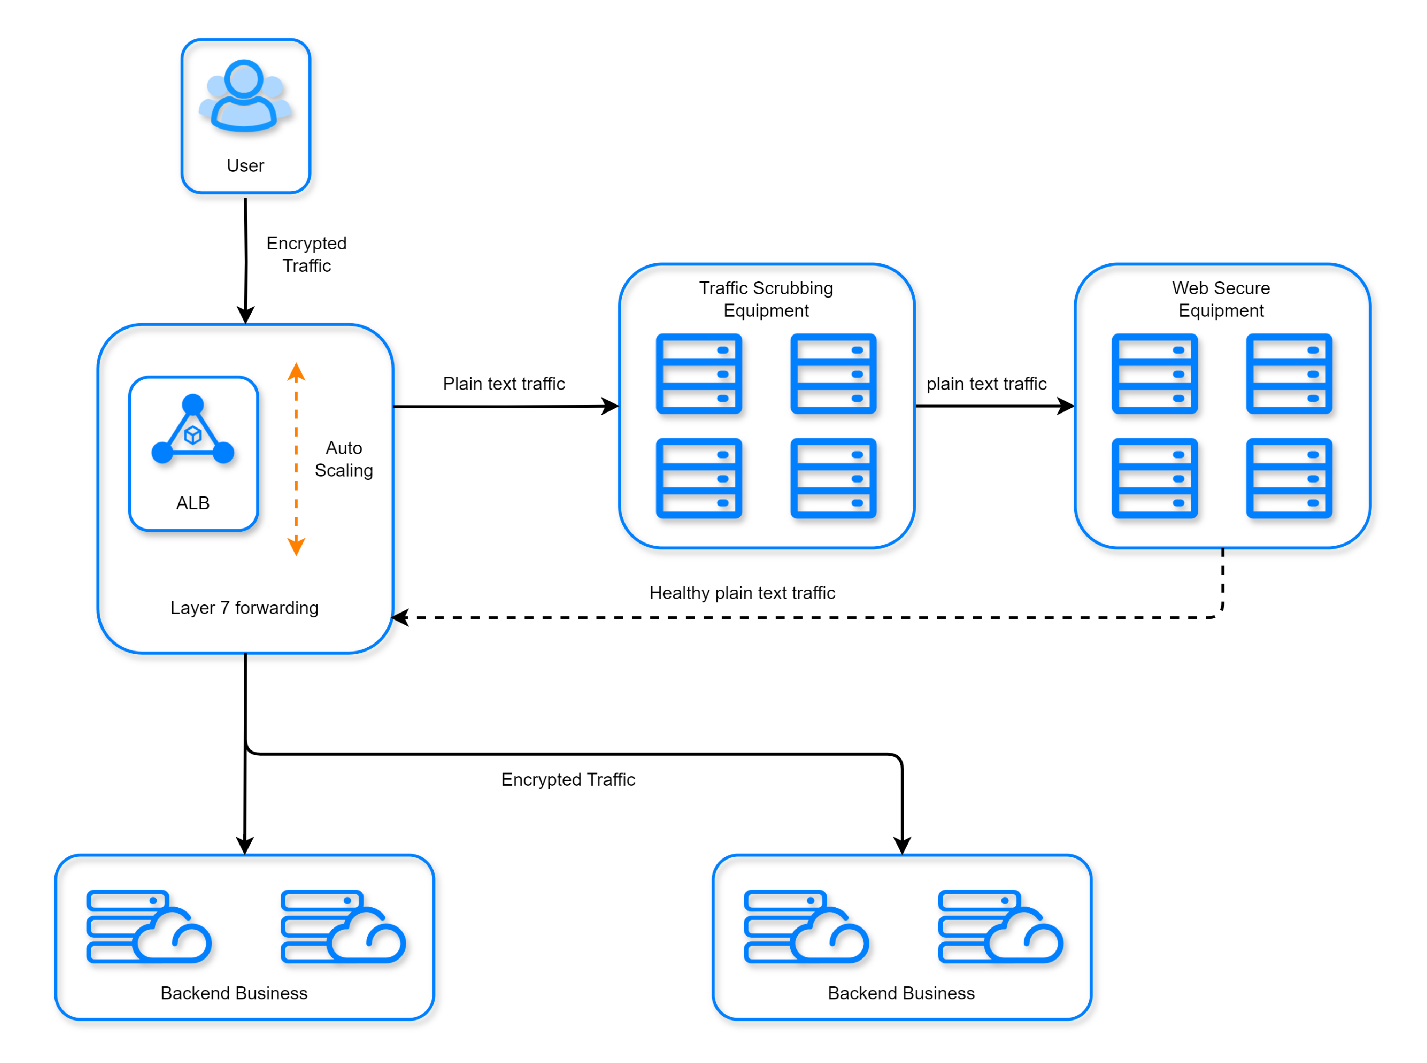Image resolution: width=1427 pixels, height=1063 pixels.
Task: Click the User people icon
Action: coord(245,96)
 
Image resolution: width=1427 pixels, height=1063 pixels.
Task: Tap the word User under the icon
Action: coord(245,166)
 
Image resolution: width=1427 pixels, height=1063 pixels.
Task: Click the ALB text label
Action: coord(192,503)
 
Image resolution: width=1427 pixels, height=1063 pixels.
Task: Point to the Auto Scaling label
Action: coord(344,459)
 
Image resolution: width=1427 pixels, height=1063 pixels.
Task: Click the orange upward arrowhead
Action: coord(296,371)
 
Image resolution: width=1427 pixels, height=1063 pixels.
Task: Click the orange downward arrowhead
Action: coord(296,546)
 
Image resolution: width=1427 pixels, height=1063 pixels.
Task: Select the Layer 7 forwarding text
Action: coord(245,607)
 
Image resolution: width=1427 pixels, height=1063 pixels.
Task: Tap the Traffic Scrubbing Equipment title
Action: coord(766,298)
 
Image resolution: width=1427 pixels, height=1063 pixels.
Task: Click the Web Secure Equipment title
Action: coord(1221,298)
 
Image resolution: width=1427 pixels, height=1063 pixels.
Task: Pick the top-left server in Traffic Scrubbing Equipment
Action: coord(699,373)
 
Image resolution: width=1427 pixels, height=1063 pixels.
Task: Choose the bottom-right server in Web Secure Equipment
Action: coord(1289,478)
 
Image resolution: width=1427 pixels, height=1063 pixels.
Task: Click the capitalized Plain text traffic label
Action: coord(504,383)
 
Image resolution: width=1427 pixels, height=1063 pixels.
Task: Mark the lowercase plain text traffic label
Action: coord(987,383)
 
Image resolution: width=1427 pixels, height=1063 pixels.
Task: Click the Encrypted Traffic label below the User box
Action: coord(306,254)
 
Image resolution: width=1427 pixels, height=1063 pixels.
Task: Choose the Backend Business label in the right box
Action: coord(901,993)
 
